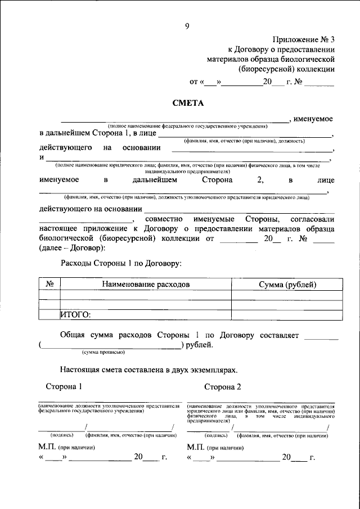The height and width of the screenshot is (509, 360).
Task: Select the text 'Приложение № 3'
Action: coord(303,39)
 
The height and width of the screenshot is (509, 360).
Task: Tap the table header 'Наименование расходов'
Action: coord(146,285)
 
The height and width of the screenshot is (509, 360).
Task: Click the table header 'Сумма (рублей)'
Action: coord(287,285)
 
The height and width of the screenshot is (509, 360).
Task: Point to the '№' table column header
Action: coord(49,285)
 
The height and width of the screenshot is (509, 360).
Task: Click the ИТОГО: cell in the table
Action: coord(75,316)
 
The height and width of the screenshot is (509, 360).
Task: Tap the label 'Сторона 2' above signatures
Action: coord(222,387)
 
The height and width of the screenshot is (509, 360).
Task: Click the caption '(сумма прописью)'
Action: coord(103,352)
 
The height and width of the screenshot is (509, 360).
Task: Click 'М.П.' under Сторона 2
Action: coord(195,447)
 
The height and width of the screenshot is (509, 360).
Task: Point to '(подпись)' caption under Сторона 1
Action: coord(62,435)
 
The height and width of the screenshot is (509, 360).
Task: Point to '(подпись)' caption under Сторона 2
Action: coord(217,435)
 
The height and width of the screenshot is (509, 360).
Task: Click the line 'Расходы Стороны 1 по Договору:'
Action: coord(121,263)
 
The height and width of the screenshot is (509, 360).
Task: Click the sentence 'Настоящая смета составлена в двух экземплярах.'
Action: coord(149,370)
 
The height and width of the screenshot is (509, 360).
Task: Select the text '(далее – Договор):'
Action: coord(72,248)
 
